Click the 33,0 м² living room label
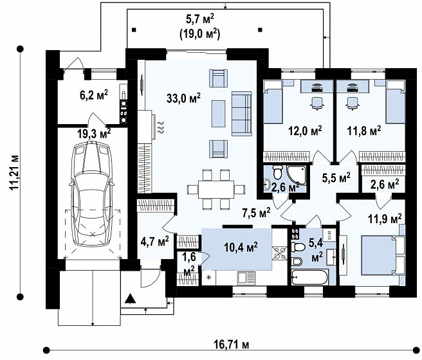coord(183,98)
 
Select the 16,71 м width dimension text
coord(231,345)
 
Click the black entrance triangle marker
coord(131,298)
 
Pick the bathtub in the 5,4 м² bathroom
coord(309,277)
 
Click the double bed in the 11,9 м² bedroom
coord(379,255)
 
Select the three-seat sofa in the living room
coord(241,113)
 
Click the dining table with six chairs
coord(216,190)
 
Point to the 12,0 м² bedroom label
coord(305,132)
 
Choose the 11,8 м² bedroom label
coord(364,132)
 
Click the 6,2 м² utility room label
coord(94,95)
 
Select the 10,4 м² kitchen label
coord(241,246)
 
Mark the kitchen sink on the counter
coord(246,278)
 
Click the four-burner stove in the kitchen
coord(280,254)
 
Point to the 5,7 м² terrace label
coord(200,19)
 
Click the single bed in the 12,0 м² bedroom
coord(273,103)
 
